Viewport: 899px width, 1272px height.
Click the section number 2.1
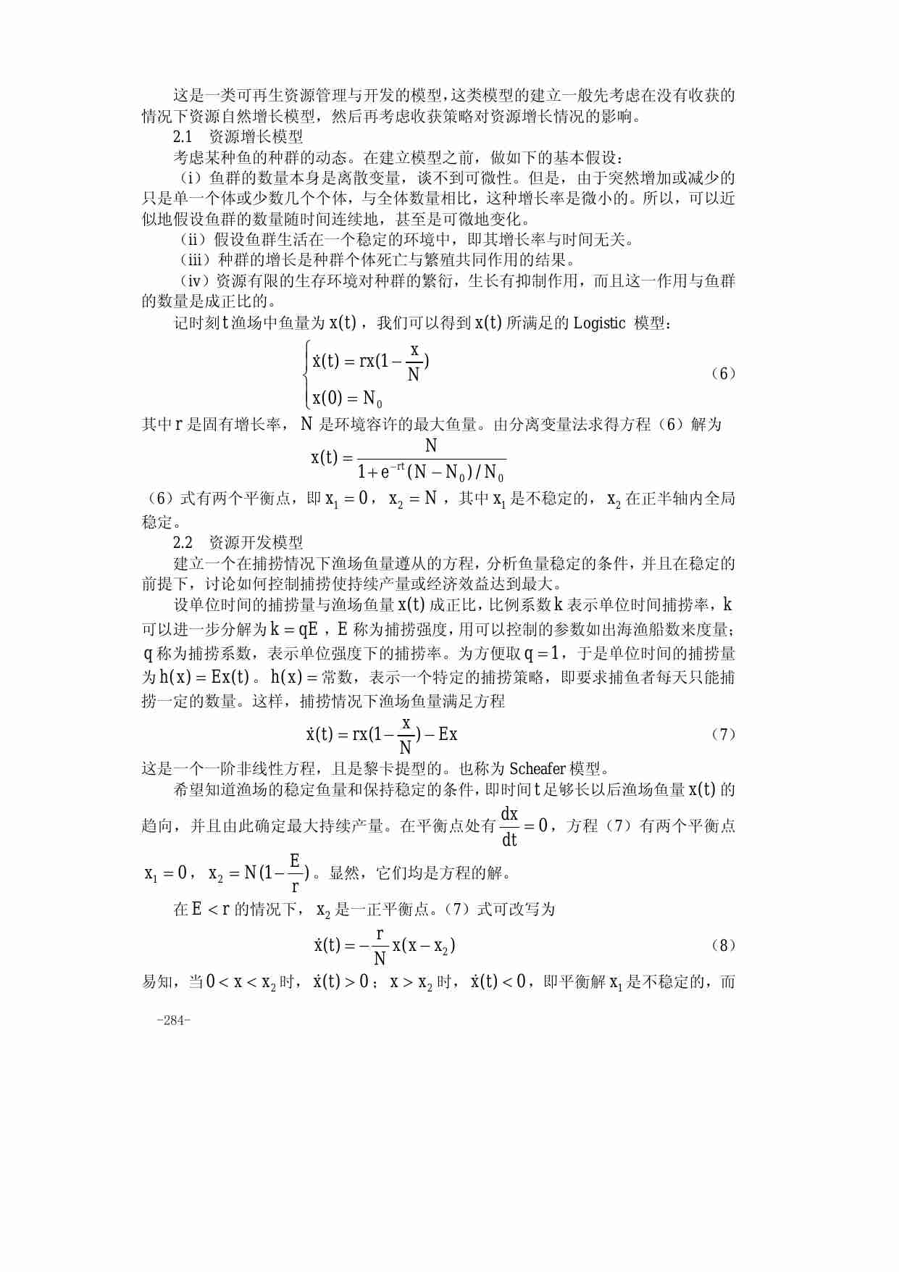183,137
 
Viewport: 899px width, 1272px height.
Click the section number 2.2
183,542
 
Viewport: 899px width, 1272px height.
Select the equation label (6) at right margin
723,373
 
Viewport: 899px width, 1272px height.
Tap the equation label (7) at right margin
723,734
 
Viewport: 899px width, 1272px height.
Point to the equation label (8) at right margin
723,945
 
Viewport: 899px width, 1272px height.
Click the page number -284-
173,1020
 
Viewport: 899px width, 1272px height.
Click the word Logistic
598,323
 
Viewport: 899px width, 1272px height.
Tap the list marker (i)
190,178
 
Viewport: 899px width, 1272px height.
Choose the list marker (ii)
192,240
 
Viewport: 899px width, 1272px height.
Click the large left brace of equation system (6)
307,373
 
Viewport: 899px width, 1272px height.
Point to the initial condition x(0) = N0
347,398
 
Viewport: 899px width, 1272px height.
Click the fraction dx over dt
509,826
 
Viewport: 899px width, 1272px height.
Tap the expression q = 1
541,654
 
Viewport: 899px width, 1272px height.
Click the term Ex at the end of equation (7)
448,734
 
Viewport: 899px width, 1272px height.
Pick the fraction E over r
295,873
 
